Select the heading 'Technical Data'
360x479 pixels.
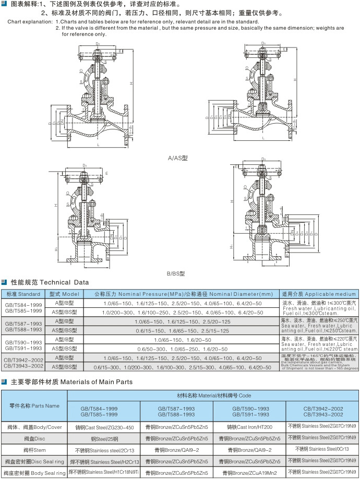65,282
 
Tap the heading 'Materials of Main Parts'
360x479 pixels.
97,381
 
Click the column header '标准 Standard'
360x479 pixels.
23,294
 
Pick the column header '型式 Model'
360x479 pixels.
64,294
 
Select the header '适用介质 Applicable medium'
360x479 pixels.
319,294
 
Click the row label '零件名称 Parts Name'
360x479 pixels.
34,405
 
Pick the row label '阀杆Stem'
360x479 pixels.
34,450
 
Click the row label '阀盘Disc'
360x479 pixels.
34,438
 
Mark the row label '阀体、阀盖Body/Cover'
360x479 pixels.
34,427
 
